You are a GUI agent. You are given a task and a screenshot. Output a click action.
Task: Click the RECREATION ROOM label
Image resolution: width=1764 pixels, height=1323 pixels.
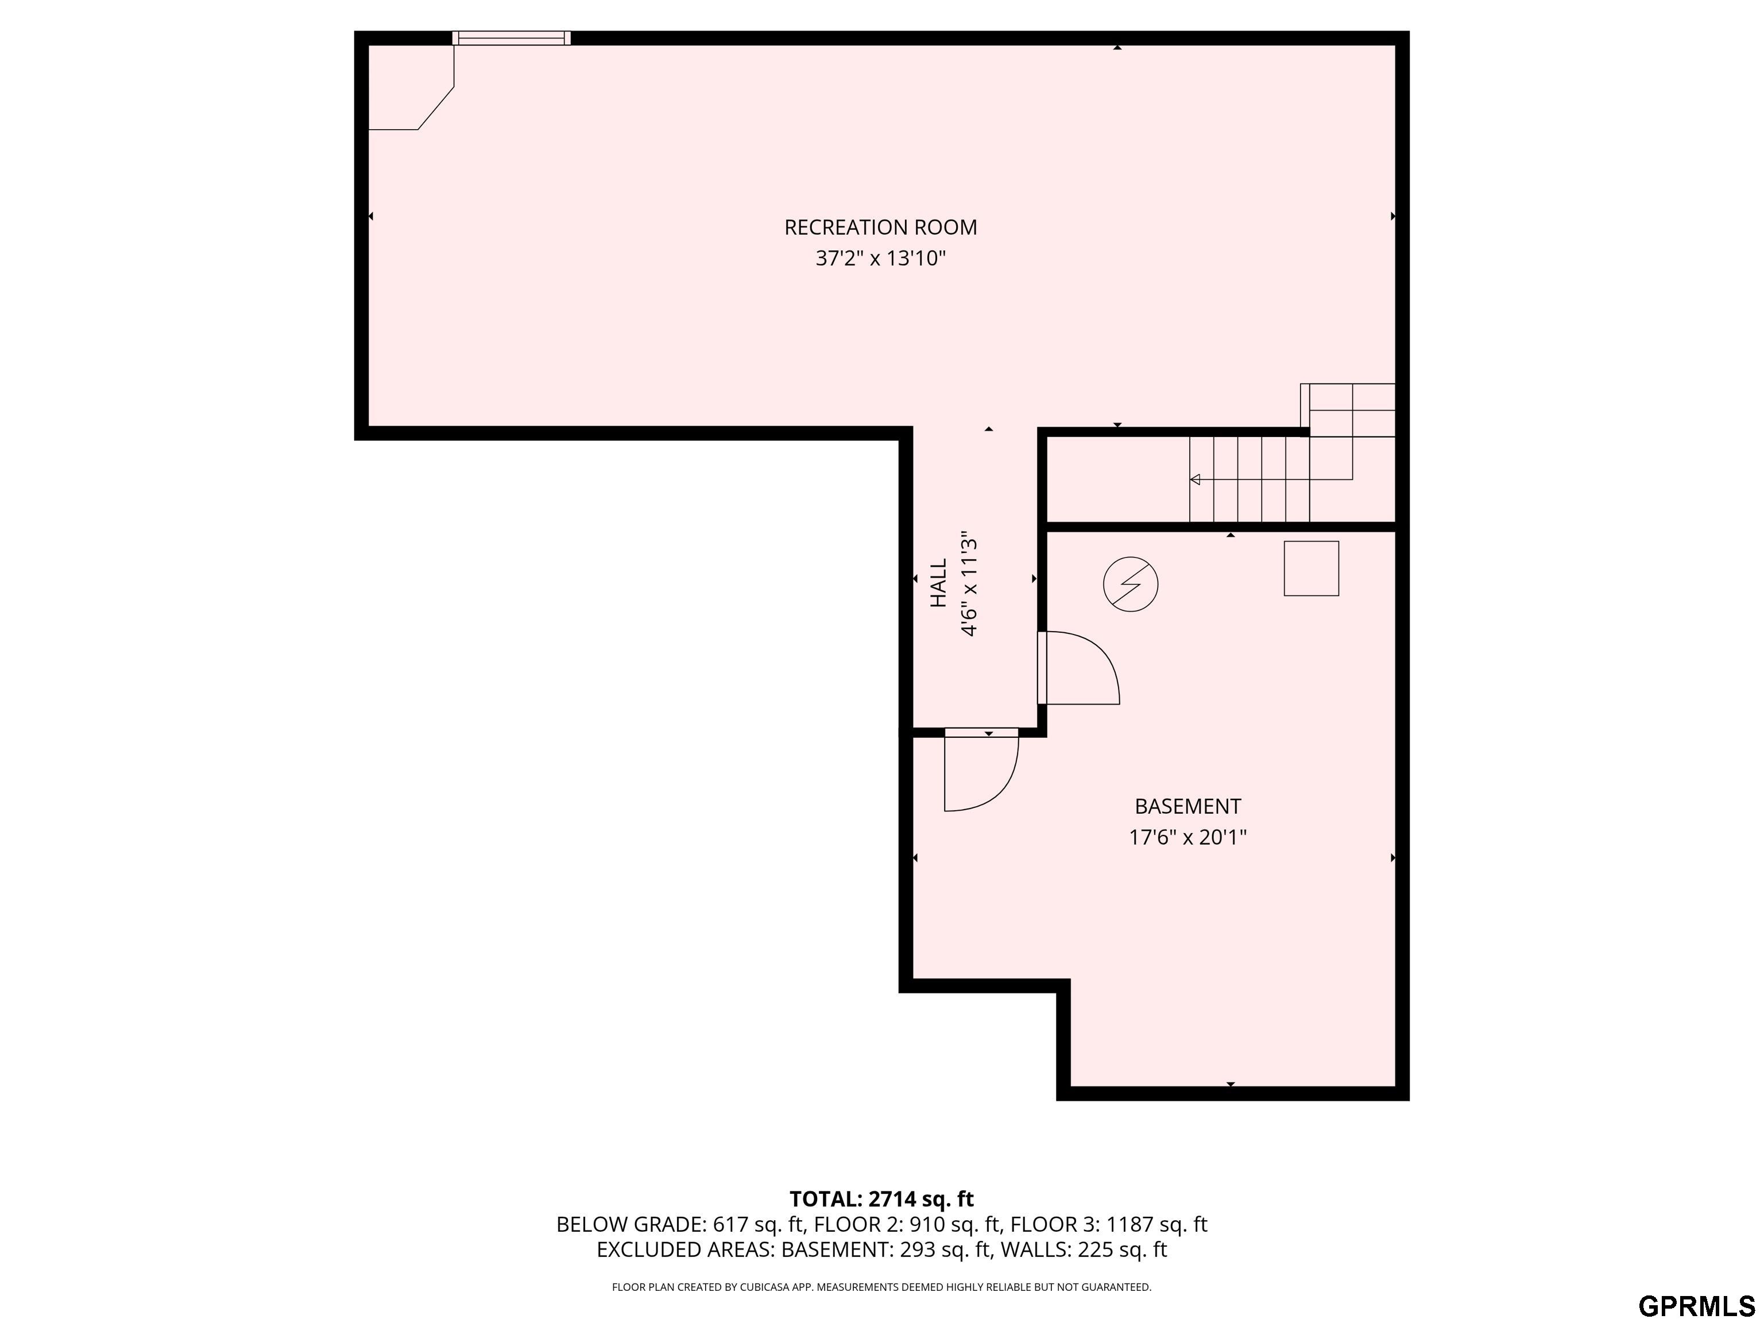point(880,227)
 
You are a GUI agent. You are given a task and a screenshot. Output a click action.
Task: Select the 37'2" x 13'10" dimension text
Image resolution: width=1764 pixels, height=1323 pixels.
point(880,258)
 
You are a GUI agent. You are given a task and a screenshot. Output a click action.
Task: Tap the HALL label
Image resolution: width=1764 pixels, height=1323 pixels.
point(939,583)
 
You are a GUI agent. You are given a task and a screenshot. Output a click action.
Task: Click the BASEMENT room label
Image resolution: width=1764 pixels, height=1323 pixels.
point(1187,806)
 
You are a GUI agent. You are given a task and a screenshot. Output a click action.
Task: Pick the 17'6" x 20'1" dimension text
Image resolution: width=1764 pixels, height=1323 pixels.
point(1187,837)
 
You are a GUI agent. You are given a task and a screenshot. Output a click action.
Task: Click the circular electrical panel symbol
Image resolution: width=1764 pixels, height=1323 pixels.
point(1131,585)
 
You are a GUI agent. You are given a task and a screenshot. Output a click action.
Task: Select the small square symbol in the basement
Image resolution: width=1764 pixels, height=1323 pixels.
point(1311,568)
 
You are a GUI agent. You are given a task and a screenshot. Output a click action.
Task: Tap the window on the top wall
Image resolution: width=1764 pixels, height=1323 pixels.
point(511,37)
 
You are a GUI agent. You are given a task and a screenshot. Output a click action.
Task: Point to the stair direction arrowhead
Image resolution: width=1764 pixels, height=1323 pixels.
point(1194,479)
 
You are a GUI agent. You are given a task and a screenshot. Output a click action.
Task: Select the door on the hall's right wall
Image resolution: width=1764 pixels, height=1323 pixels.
point(1079,667)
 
